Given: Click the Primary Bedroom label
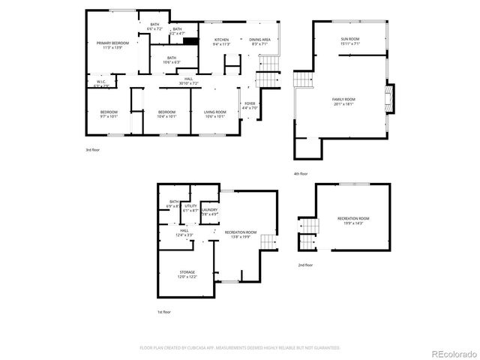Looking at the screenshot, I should [112, 43].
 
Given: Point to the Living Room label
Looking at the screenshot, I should [215, 112].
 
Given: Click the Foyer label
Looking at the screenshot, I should [250, 103].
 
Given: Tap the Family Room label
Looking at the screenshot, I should [344, 100].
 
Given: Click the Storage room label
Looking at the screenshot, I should [187, 271].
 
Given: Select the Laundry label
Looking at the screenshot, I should [210, 210].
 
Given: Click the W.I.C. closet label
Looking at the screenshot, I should [101, 82].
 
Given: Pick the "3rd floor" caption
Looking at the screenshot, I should [92, 150].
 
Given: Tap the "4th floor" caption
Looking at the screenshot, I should [301, 174].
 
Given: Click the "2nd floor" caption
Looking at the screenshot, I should [305, 265].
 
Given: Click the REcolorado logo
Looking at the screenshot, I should [451, 349].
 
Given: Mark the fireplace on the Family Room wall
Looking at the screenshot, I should [388, 97].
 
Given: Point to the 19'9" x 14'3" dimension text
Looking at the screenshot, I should [352, 223].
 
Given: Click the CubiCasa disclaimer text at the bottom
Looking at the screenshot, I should [240, 348].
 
